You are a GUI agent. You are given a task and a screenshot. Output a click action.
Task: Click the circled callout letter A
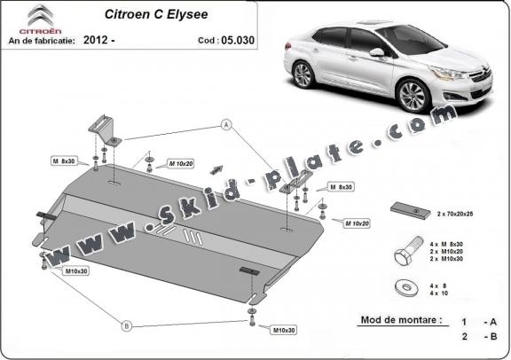click(x=226, y=125)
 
